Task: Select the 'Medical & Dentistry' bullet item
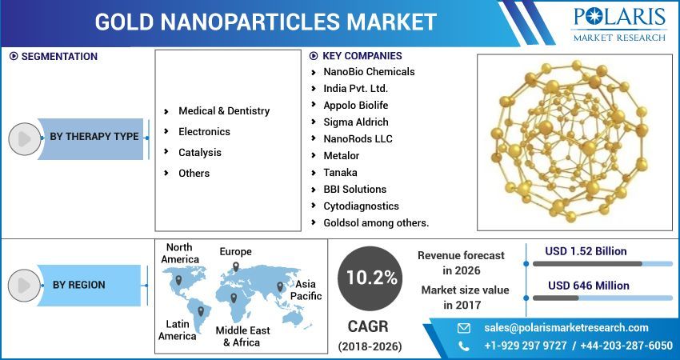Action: [224, 111]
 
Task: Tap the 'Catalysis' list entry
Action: [200, 153]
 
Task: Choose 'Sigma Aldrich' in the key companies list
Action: [355, 122]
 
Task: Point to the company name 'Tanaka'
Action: [340, 173]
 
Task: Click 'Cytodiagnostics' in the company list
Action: [361, 206]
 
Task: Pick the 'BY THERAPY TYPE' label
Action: [94, 137]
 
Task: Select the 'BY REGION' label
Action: [78, 285]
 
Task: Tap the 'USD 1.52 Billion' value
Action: [586, 251]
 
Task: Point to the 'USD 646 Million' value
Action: [588, 286]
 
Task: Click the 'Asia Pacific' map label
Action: [308, 290]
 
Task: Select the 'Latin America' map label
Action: [177, 330]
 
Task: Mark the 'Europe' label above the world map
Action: [235, 252]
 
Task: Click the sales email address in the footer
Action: [566, 328]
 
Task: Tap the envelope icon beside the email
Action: [464, 328]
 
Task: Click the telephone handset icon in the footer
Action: [464, 346]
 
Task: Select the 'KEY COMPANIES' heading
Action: [362, 56]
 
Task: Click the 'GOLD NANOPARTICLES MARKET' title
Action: [266, 22]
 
